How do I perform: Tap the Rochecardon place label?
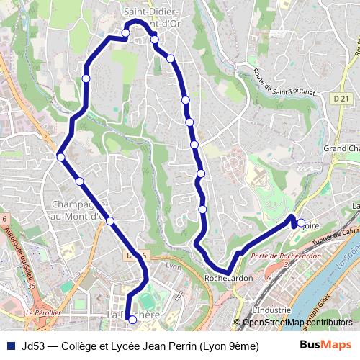[228, 278]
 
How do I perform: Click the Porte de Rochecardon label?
[275, 256]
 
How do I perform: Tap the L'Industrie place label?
[271, 310]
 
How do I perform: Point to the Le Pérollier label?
[42, 313]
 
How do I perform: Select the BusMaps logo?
[326, 345]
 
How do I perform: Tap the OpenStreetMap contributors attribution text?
[297, 323]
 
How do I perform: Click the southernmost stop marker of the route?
[132, 320]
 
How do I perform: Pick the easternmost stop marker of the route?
[301, 223]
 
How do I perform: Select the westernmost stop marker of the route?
[61, 157]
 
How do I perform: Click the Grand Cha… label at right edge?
[341, 148]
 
